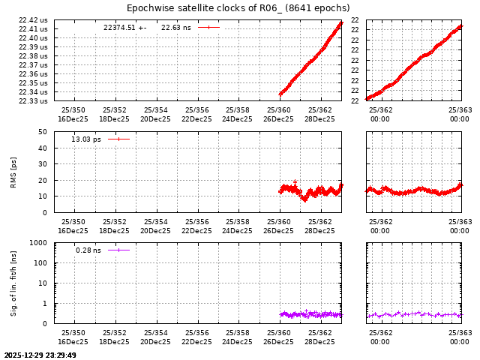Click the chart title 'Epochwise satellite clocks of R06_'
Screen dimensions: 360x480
click(238, 8)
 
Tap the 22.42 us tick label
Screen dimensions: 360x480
click(33, 20)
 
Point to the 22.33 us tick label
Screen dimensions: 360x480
click(33, 101)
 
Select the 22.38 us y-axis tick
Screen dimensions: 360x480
click(33, 56)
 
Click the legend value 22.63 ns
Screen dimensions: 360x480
click(176, 28)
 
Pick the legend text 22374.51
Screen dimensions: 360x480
click(119, 28)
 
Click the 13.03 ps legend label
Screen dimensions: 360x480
click(86, 139)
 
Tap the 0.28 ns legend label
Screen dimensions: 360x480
click(88, 250)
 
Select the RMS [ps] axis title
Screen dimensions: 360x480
click(13, 172)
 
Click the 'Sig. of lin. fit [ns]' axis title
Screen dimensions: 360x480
click(13, 283)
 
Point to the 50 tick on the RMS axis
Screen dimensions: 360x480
click(43, 132)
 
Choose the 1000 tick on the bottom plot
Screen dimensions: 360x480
click(39, 243)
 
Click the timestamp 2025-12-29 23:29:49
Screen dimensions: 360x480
click(40, 355)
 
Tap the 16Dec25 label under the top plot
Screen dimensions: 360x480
click(73, 119)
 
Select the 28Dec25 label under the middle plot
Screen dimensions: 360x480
click(319, 230)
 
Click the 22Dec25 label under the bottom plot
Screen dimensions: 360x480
click(196, 342)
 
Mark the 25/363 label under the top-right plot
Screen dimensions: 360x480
click(460, 110)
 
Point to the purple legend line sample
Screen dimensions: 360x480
click(118, 250)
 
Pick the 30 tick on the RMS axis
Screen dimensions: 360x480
click(43, 164)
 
